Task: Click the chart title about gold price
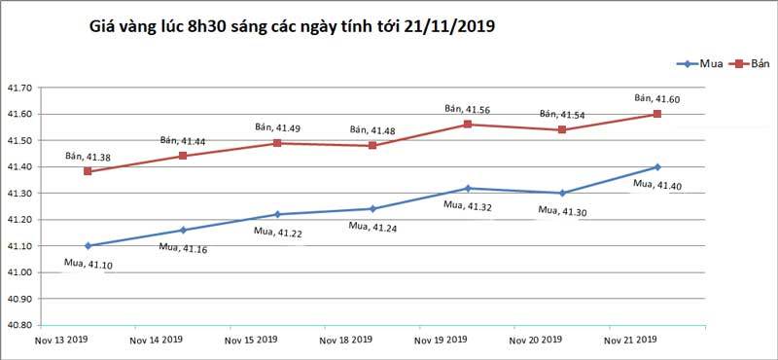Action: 293,26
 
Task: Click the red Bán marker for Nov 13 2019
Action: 88,171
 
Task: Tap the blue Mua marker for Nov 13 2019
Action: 88,245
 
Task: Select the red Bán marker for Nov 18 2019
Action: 372,146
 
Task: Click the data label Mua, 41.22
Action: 278,231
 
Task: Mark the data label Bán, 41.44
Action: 184,141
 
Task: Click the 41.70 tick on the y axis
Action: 19,89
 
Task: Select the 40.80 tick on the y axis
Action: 19,324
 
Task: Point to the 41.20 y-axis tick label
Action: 19,219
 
